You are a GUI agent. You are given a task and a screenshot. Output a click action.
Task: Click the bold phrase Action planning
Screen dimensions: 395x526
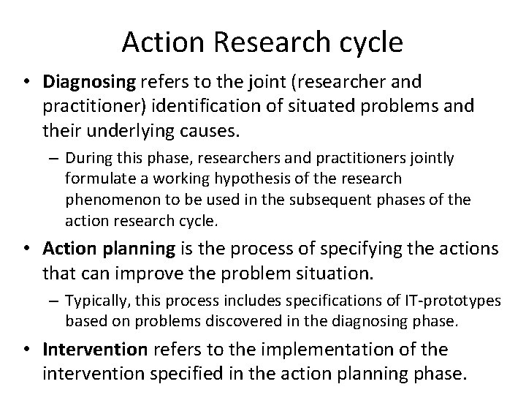(x=110, y=249)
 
